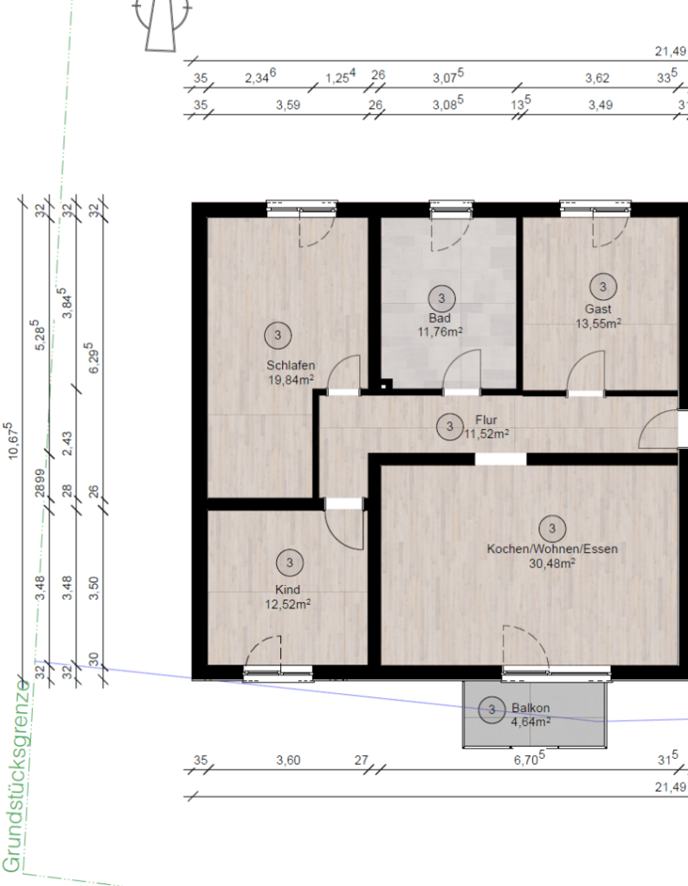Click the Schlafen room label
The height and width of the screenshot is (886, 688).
coord(291,365)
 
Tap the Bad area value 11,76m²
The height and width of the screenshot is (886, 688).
coord(440,331)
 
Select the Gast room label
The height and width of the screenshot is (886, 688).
coord(598,309)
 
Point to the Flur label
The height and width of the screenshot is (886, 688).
coord(486,420)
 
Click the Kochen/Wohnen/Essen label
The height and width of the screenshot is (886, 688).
coord(552,549)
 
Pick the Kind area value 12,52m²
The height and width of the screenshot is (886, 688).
coord(288,604)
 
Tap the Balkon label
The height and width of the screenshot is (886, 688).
coord(530,708)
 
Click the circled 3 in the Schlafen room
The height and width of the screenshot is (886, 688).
coord(278,336)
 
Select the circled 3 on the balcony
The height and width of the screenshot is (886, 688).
coord(492,709)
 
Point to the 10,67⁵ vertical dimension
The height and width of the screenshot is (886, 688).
coord(12,440)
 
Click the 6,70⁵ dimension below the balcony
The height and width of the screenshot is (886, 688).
coord(529,760)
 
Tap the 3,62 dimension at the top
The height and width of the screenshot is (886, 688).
coord(597,78)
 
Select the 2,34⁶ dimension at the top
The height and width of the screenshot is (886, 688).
coord(260,77)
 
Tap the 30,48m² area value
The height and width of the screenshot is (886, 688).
coord(552,563)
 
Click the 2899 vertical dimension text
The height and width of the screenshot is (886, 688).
coord(40,483)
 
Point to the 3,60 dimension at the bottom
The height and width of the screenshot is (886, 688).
coord(288,761)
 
